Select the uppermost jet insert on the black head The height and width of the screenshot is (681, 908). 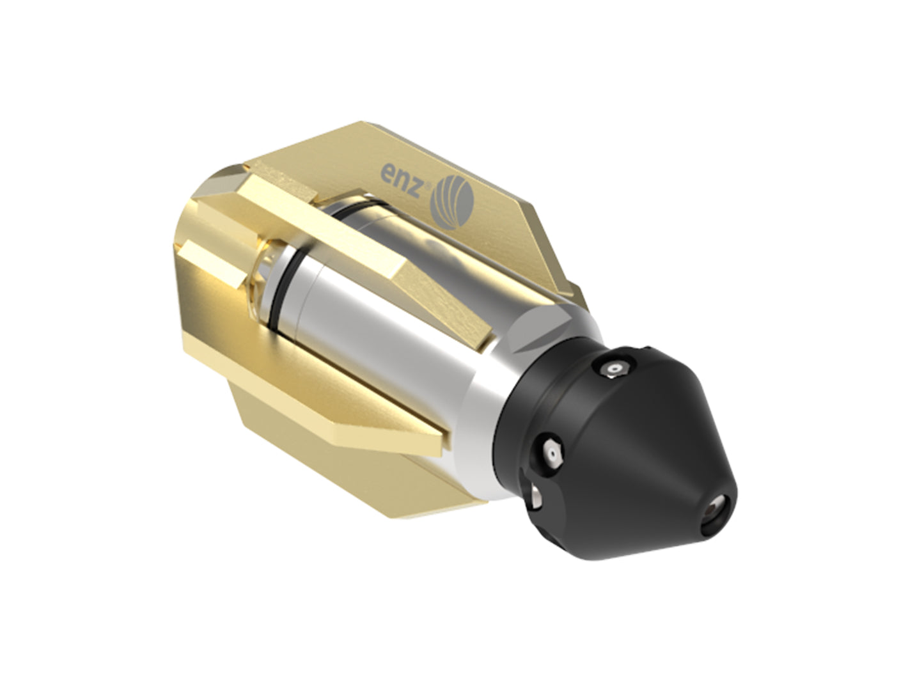click(615, 369)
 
